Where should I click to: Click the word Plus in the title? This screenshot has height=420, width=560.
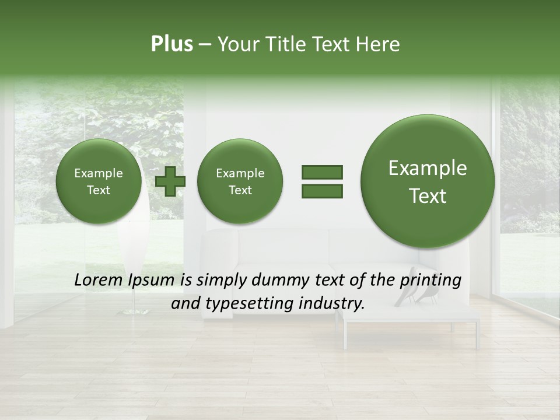[171, 44]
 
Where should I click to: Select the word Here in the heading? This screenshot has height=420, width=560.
[379, 44]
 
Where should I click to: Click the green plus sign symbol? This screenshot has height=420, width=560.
[170, 181]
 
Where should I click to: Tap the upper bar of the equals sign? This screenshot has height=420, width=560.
[322, 172]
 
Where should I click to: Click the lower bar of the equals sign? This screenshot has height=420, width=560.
[322, 191]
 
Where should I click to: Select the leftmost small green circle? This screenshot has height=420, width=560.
[99, 181]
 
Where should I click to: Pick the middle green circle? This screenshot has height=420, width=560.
[240, 181]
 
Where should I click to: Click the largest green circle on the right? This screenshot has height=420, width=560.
[428, 181]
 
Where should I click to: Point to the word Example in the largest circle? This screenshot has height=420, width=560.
[428, 168]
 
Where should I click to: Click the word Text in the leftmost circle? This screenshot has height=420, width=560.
[99, 190]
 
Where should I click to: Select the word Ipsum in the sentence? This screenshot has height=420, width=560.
[152, 281]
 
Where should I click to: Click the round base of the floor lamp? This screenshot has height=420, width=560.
[135, 313]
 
